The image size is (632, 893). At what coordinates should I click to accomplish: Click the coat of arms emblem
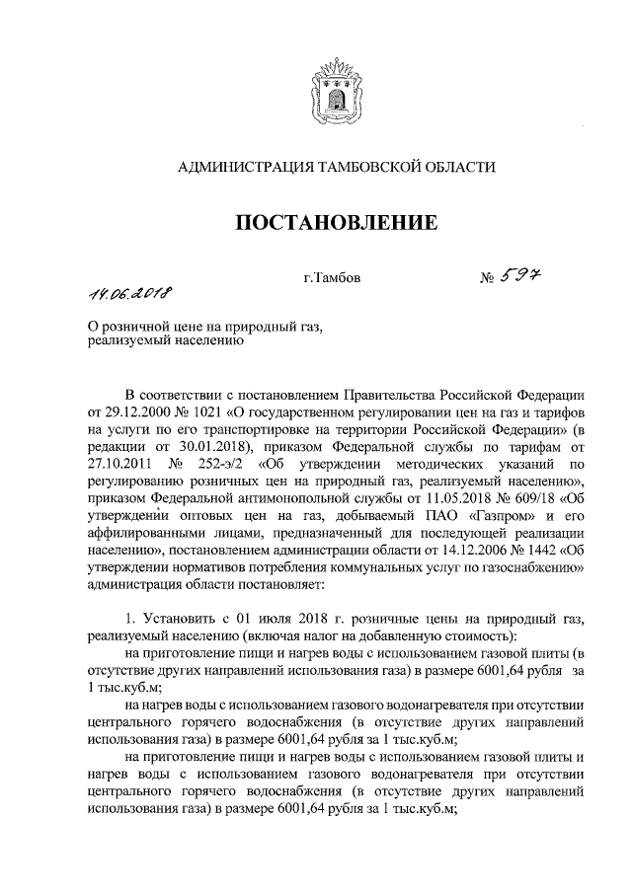click(x=331, y=88)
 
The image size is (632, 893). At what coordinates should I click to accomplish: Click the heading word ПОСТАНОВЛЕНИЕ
click(x=335, y=223)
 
